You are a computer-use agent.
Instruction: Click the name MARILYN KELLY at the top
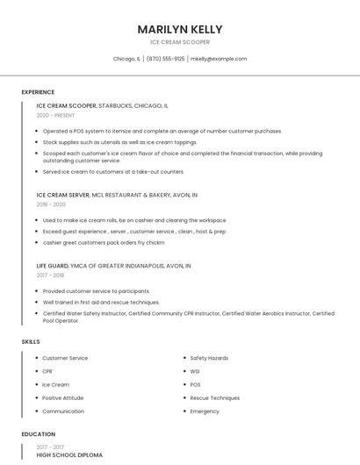click(x=180, y=29)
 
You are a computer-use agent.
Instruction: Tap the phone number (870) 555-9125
click(x=165, y=59)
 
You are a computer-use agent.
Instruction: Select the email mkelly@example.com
click(x=219, y=59)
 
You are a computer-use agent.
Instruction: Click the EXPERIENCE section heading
click(x=38, y=92)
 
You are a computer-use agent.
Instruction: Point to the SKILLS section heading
click(x=31, y=341)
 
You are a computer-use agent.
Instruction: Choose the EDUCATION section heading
click(x=39, y=434)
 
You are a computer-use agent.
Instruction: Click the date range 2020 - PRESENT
click(x=55, y=115)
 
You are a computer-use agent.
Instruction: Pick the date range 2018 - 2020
click(x=51, y=204)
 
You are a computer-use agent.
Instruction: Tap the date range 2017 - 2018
click(x=50, y=275)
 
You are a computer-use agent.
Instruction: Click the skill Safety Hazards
click(x=209, y=358)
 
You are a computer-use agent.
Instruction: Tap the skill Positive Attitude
click(x=64, y=397)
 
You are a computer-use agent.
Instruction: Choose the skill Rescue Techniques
click(x=214, y=397)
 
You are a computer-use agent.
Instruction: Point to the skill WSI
click(x=195, y=371)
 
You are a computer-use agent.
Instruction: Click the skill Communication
click(x=63, y=411)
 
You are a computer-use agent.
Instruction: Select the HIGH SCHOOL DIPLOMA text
click(x=69, y=455)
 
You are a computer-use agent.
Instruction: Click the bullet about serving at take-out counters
click(x=113, y=172)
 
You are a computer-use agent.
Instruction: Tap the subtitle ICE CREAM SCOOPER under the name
click(x=180, y=42)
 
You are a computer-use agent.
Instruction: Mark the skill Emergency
click(x=205, y=411)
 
